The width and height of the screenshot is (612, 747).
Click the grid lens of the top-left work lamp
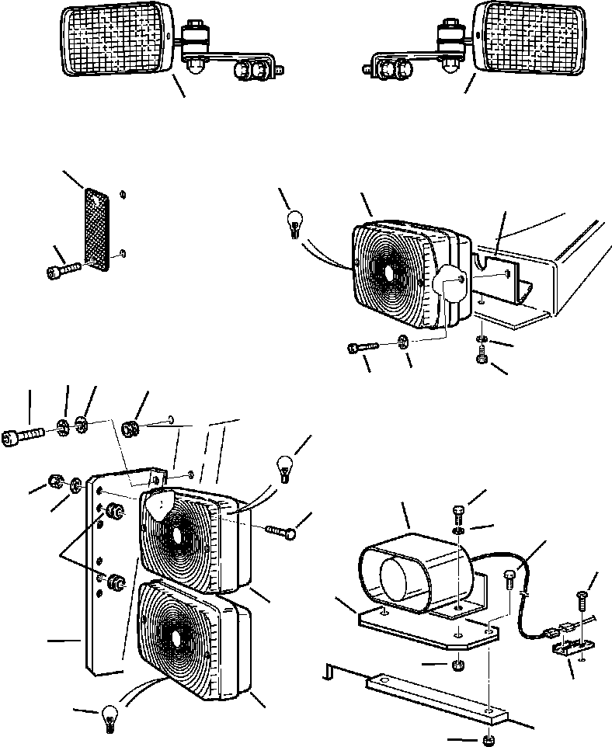[116, 39]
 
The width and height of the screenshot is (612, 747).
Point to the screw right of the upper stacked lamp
[278, 531]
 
